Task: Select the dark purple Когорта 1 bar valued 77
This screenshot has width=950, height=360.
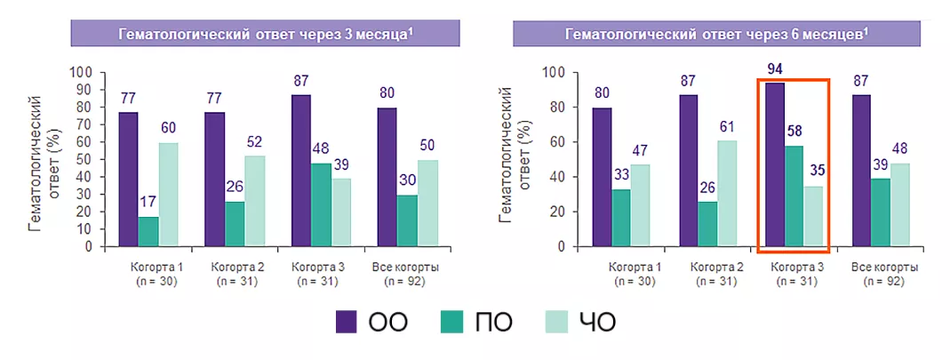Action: tap(129, 179)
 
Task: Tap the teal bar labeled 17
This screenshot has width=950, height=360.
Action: tap(148, 231)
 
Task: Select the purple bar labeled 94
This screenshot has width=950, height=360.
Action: tap(775, 164)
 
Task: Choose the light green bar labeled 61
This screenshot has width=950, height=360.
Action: tap(727, 193)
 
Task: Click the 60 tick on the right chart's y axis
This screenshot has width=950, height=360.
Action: tap(559, 142)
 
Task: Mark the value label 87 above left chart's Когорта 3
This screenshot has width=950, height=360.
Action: tap(301, 81)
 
